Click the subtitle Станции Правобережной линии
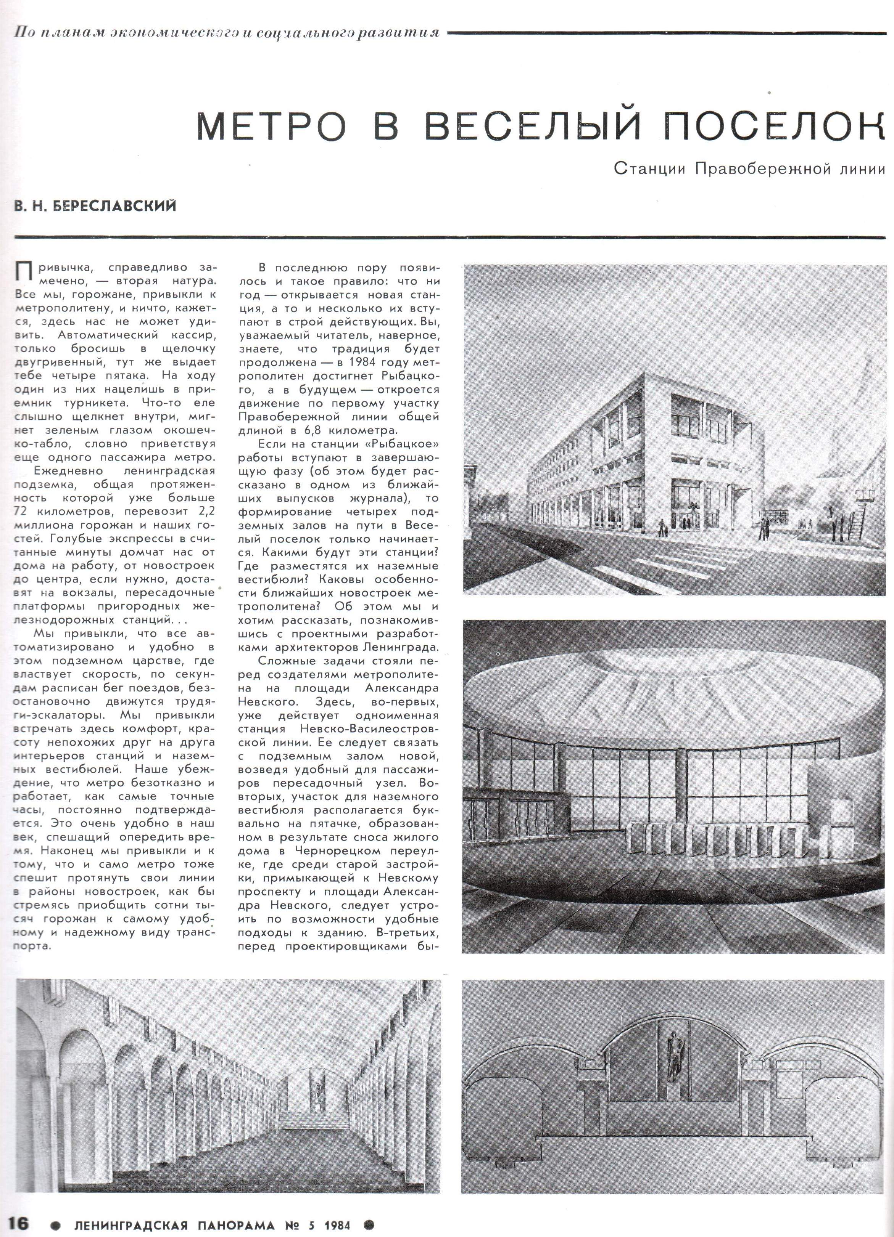(x=749, y=169)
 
